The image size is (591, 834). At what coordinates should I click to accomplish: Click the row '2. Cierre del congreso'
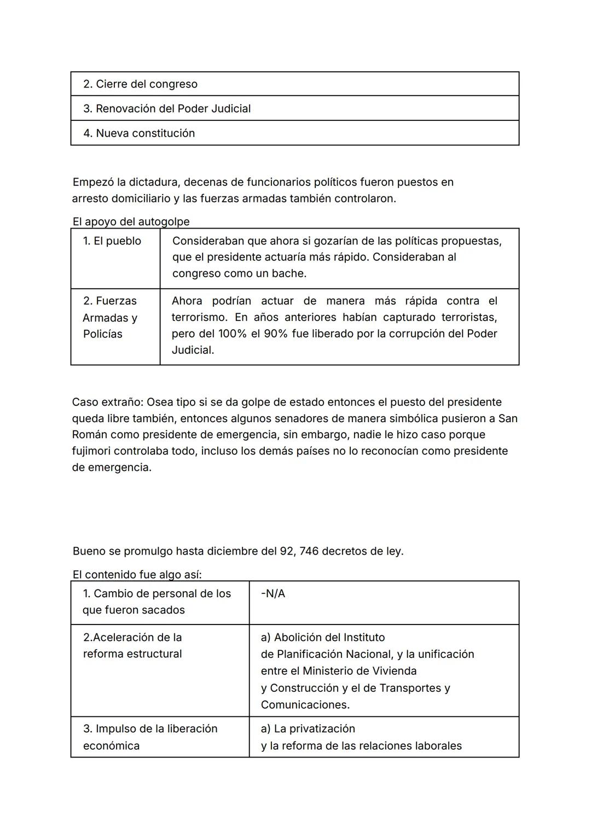[x=140, y=84]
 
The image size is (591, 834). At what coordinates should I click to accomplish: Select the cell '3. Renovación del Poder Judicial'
[x=167, y=109]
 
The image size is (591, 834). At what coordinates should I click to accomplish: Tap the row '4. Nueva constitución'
[x=139, y=133]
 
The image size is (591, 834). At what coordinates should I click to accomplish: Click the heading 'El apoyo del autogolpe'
[x=131, y=221]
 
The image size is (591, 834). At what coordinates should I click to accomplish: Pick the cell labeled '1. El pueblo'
[x=112, y=241]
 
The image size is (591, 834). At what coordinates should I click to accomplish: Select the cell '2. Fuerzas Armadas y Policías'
[x=110, y=318]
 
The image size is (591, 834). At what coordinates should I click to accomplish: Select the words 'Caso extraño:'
[x=107, y=403]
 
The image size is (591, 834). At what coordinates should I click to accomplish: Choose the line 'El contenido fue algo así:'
[x=137, y=575]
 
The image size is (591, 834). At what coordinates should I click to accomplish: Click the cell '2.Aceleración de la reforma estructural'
[x=132, y=646]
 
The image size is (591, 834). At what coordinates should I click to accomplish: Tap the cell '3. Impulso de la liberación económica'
[x=150, y=737]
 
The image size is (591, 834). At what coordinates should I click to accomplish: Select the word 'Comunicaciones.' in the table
[x=305, y=705]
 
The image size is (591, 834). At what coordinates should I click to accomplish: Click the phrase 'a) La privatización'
[x=308, y=729]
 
